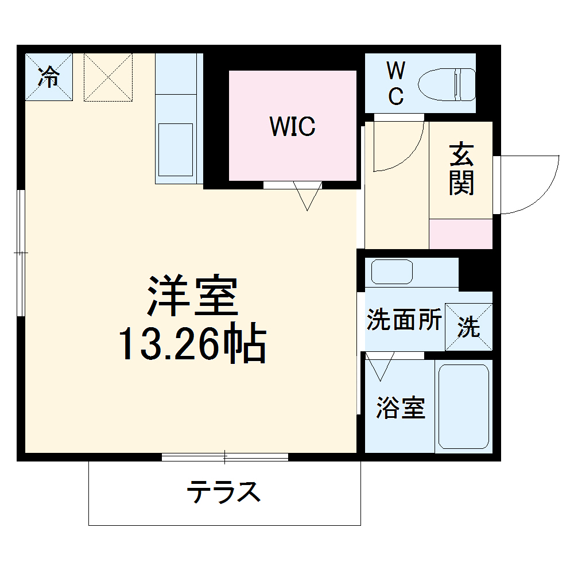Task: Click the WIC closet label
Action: coord(293,126)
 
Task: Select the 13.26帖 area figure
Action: coord(192,344)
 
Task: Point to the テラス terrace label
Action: coord(224,492)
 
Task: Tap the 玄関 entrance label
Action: coord(461,169)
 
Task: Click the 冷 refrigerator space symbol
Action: coord(49,77)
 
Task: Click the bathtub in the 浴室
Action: coord(463,406)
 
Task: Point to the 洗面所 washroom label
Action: coord(404,320)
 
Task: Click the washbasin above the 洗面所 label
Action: coord(392,271)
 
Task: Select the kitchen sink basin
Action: coord(176,149)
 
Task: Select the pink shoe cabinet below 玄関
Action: coord(461,234)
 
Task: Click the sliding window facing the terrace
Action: coord(224,457)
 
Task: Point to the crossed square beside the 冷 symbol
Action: coord(108,77)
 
